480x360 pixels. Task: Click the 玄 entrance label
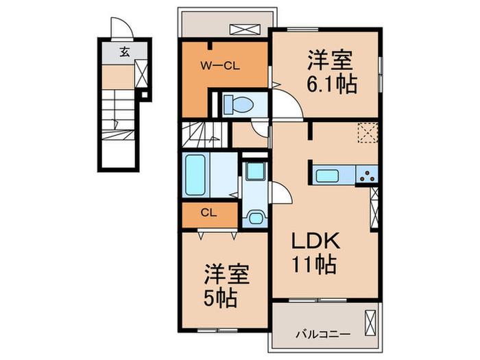pos(125,51)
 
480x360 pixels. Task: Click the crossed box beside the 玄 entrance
pos(141,73)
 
